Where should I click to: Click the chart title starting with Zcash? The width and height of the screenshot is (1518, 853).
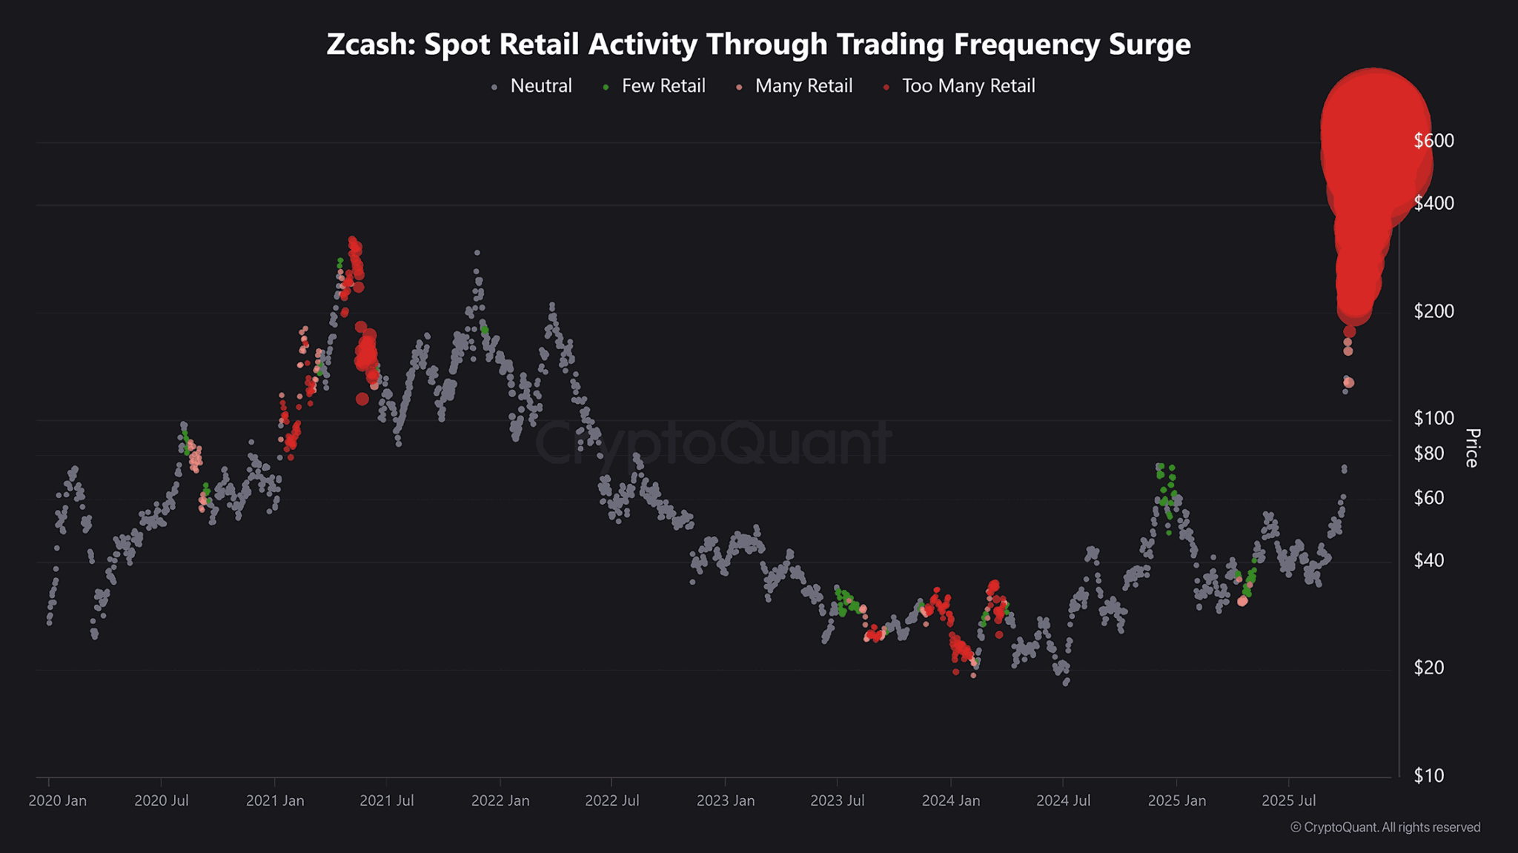[x=758, y=44]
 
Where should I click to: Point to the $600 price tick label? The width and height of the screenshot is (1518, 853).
[x=1434, y=141]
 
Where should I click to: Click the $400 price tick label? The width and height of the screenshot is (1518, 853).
[x=1434, y=203]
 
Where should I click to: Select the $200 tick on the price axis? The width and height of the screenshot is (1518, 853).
[x=1434, y=311]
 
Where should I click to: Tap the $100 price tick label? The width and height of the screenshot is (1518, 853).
[x=1434, y=418]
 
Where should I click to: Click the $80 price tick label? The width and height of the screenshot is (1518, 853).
[x=1428, y=453]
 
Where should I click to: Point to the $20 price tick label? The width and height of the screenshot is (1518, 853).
[x=1428, y=668]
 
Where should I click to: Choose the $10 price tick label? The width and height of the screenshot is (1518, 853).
[x=1428, y=776]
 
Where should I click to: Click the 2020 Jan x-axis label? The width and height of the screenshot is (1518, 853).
[x=57, y=801]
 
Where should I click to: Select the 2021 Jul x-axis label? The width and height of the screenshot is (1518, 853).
[x=386, y=801]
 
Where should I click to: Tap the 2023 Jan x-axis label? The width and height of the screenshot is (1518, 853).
[x=725, y=801]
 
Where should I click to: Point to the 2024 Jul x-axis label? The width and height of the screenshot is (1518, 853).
[x=1063, y=801]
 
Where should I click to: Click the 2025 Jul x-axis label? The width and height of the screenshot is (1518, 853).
[x=1288, y=801]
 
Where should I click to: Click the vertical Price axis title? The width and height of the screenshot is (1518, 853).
[x=1472, y=448]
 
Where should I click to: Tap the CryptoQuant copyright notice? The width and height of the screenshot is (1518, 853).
[x=1385, y=827]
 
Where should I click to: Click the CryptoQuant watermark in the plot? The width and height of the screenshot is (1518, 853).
[x=713, y=443]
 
